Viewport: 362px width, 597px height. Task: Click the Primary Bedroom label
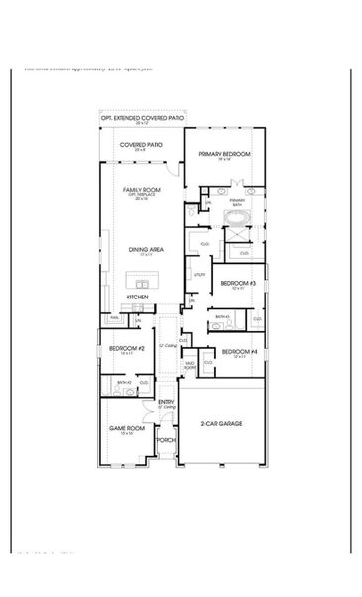click(x=223, y=154)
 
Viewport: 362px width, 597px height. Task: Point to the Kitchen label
click(x=138, y=297)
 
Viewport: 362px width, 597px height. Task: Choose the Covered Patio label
click(x=141, y=145)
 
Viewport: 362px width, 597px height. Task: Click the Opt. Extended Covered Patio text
click(x=141, y=118)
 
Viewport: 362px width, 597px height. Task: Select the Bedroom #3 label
click(x=238, y=284)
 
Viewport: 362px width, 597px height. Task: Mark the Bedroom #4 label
click(x=238, y=352)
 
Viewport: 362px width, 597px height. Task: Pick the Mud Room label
click(x=189, y=365)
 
